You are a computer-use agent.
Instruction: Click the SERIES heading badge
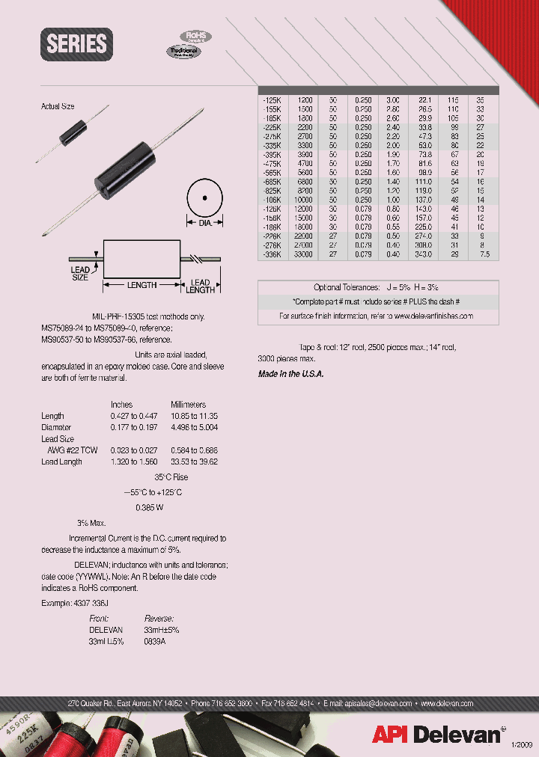(77, 44)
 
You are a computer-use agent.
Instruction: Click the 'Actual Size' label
(58, 107)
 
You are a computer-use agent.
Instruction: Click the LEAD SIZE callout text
(80, 273)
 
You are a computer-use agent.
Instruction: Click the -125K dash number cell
(271, 99)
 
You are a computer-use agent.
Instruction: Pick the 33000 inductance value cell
(304, 254)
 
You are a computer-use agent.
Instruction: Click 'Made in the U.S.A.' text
(291, 374)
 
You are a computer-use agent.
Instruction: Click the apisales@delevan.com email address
(378, 704)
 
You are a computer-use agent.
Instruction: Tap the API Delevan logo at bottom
(436, 735)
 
